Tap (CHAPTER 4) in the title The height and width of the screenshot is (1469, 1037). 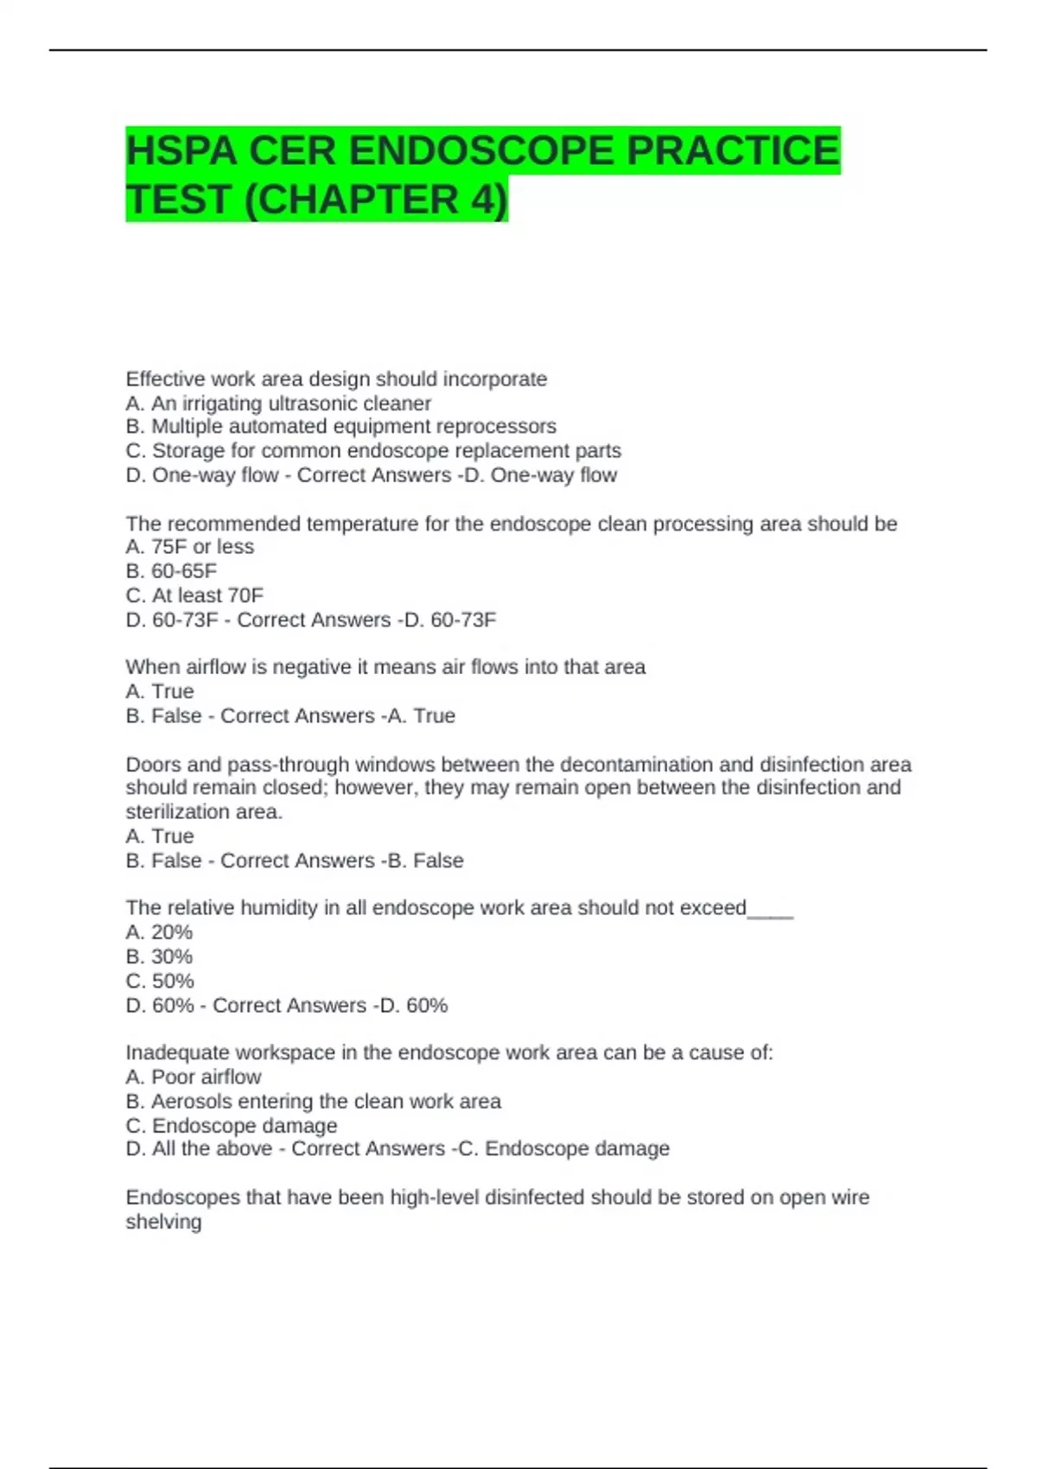pyautogui.click(x=377, y=200)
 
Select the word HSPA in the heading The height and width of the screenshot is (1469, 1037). pyautogui.click(x=181, y=151)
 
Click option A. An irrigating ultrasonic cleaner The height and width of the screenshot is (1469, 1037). pyautogui.click(x=277, y=404)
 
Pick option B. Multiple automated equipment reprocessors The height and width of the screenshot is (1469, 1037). pyautogui.click(x=340, y=427)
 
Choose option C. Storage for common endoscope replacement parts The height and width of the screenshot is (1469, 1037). pyautogui.click(x=372, y=451)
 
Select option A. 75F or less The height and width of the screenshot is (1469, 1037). pyautogui.click(x=189, y=547)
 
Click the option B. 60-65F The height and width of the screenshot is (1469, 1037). pyautogui.click(x=171, y=571)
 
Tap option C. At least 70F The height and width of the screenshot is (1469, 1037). pyautogui.click(x=194, y=595)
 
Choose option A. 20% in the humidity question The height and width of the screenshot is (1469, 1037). pyautogui.click(x=159, y=932)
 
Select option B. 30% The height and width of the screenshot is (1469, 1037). pyautogui.click(x=159, y=957)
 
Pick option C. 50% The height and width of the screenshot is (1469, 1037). pyautogui.click(x=160, y=981)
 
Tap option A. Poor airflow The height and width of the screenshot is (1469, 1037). pyautogui.click(x=193, y=1078)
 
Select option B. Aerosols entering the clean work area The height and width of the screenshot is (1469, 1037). pyautogui.click(x=313, y=1102)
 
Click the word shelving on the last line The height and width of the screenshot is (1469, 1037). pyautogui.click(x=163, y=1222)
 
